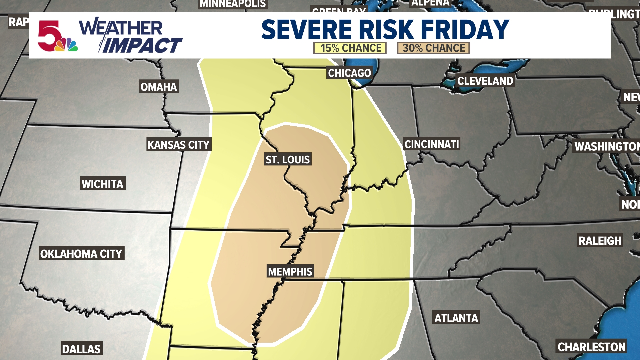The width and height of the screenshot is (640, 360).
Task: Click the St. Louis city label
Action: [288, 159]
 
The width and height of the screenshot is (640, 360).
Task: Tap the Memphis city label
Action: [290, 272]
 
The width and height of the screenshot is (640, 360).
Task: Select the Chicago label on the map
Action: [349, 73]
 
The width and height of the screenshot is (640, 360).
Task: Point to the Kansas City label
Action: [179, 145]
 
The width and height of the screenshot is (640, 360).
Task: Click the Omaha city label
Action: [159, 87]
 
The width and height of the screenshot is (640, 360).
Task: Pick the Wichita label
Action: [103, 184]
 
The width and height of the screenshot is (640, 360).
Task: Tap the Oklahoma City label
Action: [81, 254]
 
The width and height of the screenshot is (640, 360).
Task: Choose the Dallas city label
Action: [81, 349]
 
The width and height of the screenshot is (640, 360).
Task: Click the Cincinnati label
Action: [432, 144]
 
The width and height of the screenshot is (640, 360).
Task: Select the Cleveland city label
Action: [485, 81]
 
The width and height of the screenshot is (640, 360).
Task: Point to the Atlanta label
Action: [456, 318]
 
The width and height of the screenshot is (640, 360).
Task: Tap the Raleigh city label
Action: [600, 241]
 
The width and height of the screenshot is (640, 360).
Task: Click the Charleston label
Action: [592, 347]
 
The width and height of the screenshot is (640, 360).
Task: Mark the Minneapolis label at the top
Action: [233, 4]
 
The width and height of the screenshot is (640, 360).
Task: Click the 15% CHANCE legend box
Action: [350, 48]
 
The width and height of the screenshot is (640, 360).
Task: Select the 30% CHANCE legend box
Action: [433, 48]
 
